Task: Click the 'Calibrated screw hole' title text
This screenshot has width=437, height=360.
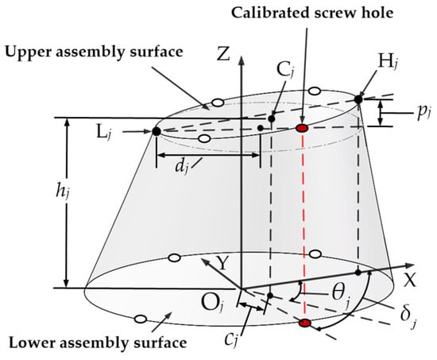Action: pos(312,13)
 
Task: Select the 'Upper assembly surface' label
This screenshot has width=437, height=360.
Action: pos(95,52)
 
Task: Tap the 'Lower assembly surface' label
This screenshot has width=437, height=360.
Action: pos(98,343)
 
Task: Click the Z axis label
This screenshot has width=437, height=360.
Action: pos(223,53)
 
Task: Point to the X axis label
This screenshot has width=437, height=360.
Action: pos(410,280)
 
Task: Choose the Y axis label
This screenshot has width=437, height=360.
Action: pos(222,263)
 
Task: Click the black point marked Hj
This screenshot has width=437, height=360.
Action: pos(358,99)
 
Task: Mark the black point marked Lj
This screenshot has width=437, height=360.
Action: pos(157,131)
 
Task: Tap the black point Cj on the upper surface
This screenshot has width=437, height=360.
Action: pos(272,118)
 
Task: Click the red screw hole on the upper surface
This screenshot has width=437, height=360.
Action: pos(302,128)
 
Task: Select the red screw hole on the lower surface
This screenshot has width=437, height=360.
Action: pos(304,323)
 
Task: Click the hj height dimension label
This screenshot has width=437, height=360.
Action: pos(62,192)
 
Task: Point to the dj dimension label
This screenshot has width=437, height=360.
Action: pos(181,168)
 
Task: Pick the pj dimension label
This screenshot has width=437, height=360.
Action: pos(424,114)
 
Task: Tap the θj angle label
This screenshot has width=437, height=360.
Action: pos(341,296)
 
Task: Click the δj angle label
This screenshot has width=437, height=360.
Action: pos(408,316)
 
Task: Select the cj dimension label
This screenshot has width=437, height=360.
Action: pos(232,339)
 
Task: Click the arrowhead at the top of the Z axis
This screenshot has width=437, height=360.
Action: pos(242,60)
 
